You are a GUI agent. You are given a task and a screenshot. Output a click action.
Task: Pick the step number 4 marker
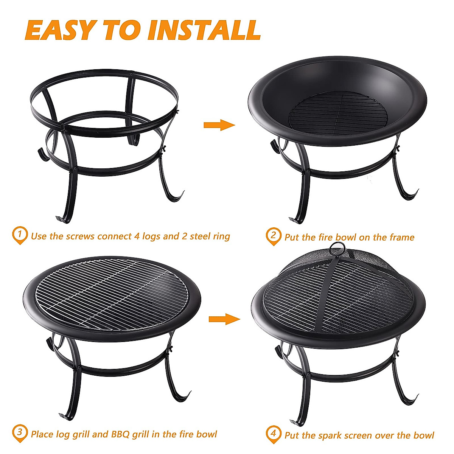pyautogui.click(x=273, y=434)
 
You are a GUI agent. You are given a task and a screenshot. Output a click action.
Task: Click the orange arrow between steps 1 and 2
pyautogui.click(x=219, y=125)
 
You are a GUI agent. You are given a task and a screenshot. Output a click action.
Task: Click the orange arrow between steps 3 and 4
pyautogui.click(x=224, y=319)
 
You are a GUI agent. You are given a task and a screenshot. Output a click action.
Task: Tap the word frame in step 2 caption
pyautogui.click(x=402, y=238)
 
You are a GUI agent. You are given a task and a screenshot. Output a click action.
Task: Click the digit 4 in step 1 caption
pyautogui.click(x=138, y=236)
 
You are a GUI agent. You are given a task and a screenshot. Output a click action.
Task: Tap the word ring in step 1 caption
pyautogui.click(x=221, y=237)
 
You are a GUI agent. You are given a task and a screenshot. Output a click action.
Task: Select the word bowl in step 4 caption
pyautogui.click(x=424, y=435)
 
